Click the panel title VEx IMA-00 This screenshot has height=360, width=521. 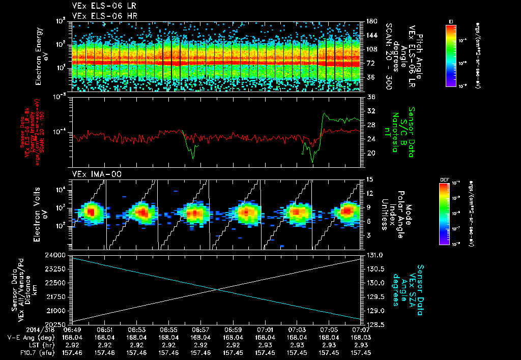(x=91, y=174)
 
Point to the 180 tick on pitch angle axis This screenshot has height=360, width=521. (x=370, y=21)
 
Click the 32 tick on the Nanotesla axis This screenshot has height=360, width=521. (x=370, y=111)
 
